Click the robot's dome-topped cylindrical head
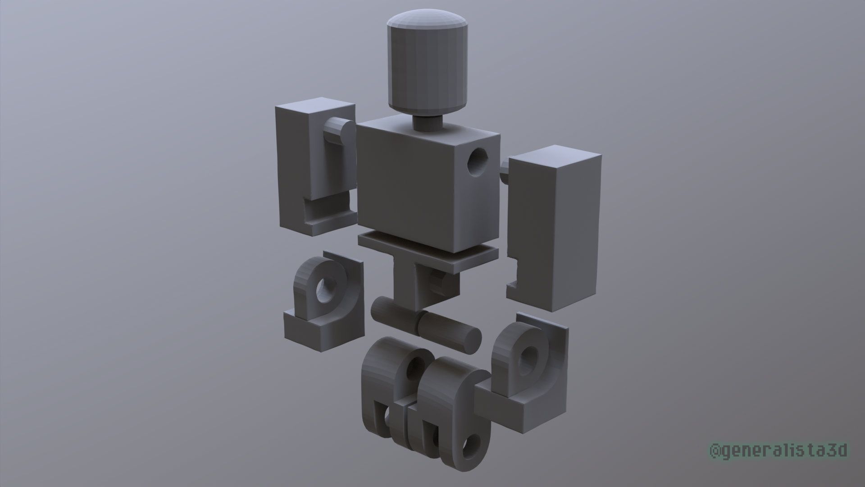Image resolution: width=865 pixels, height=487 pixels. tap(426, 63)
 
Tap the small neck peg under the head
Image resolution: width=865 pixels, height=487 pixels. tap(426, 123)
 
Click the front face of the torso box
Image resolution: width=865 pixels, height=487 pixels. tap(405, 189)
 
